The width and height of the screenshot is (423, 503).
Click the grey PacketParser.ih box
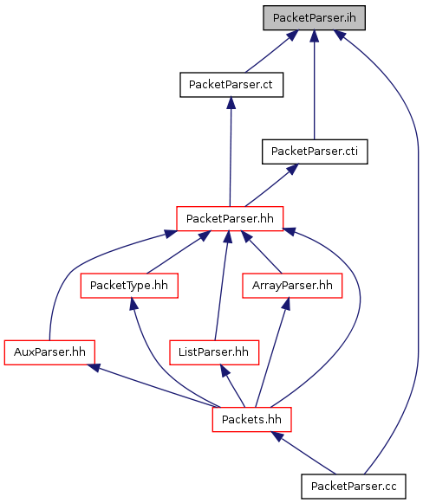[x=314, y=18]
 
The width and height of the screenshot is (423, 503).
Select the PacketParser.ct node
[x=231, y=85]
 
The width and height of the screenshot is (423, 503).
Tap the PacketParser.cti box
[x=315, y=152]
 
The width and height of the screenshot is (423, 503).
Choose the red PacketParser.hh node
[x=230, y=218]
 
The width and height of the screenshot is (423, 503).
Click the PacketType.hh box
[x=129, y=286]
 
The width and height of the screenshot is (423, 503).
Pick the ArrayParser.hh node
[x=292, y=286]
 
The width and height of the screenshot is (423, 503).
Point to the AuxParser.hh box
[x=49, y=352]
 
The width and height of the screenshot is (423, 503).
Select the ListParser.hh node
[x=214, y=352]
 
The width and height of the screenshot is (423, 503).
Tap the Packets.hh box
[x=252, y=420]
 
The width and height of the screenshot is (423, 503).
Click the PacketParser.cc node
[x=354, y=487]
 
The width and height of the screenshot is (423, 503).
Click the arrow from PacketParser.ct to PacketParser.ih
[x=271, y=51]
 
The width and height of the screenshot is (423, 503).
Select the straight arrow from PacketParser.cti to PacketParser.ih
[x=315, y=85]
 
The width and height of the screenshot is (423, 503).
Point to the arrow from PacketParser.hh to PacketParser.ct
[x=231, y=152]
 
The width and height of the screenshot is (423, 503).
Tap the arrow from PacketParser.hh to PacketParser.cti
[x=271, y=185]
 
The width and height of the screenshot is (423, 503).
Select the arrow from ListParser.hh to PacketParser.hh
[x=222, y=286]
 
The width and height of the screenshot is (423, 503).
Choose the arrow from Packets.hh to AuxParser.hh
[x=153, y=385]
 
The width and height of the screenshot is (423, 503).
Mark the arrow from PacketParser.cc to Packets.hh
[x=303, y=453]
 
